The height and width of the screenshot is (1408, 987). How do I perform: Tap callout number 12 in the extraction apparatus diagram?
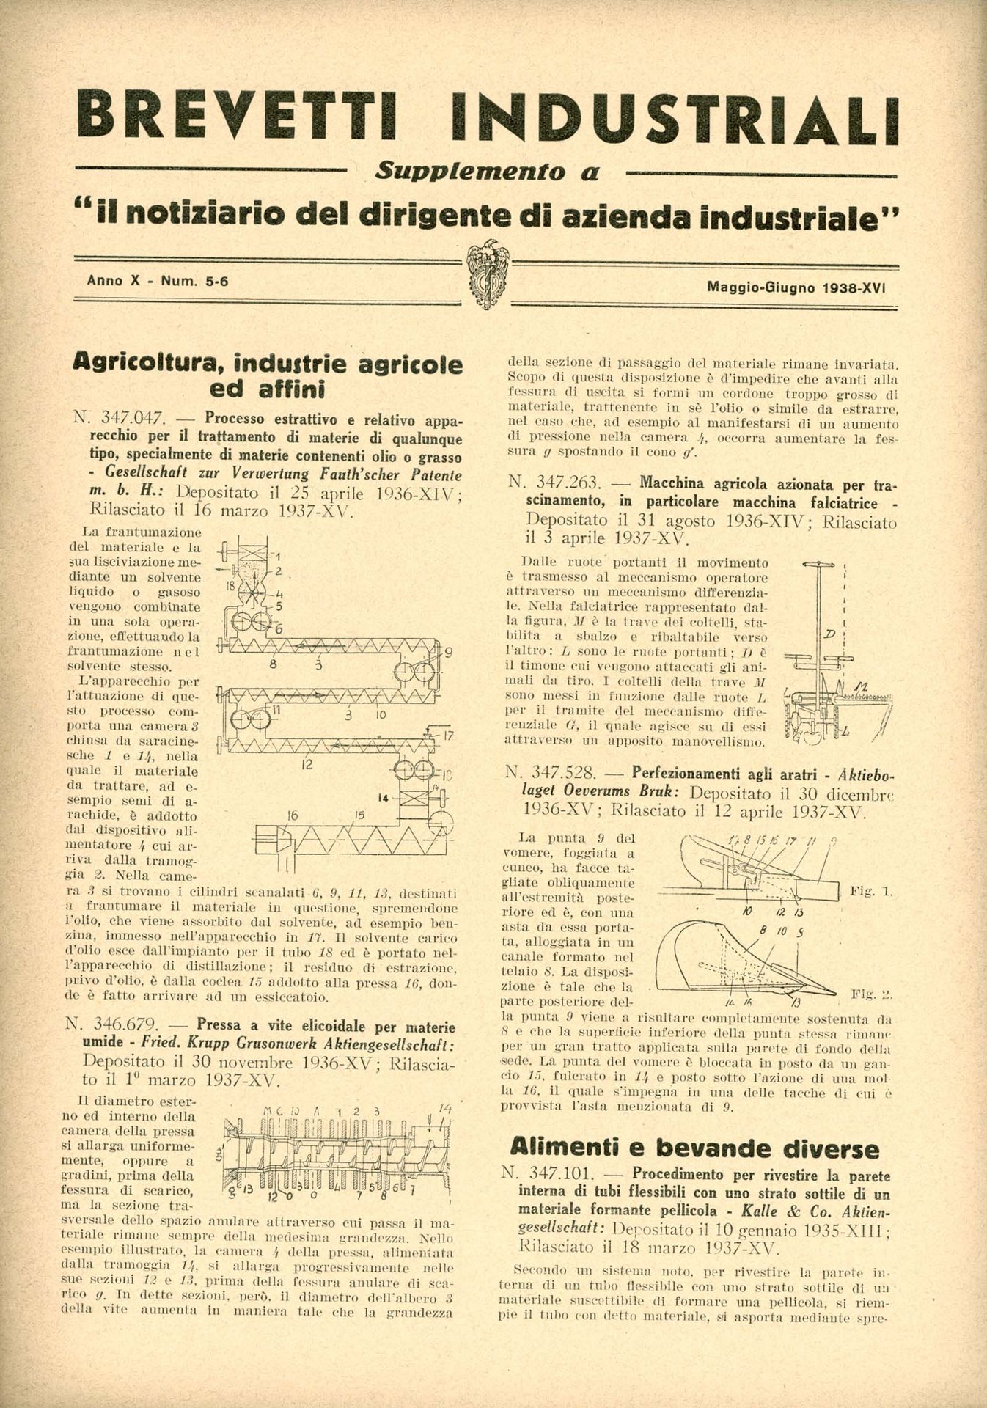click(x=307, y=765)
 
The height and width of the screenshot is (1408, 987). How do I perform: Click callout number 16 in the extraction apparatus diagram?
click(x=293, y=815)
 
